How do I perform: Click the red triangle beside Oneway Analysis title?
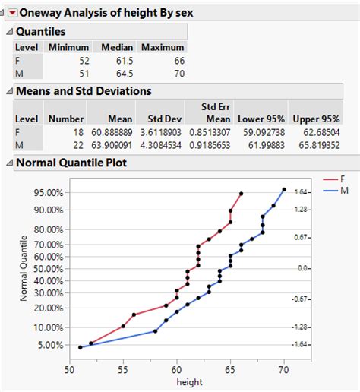coord(11,12)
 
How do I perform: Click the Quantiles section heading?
coord(41,31)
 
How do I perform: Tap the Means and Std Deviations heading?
coord(84,91)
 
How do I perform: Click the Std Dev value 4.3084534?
coord(165,144)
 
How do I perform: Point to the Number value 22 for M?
coord(77,144)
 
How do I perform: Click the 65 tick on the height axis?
coord(230,370)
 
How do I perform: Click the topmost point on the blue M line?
coord(284,190)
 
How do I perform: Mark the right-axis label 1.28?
coord(302,209)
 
